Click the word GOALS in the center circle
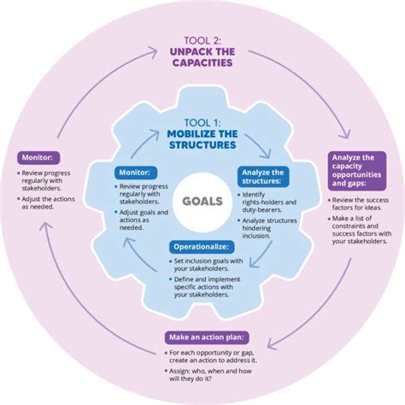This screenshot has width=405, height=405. tap(202, 202)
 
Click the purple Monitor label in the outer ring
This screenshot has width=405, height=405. tap(37, 158)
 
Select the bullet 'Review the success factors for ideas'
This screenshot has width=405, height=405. tap(360, 204)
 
